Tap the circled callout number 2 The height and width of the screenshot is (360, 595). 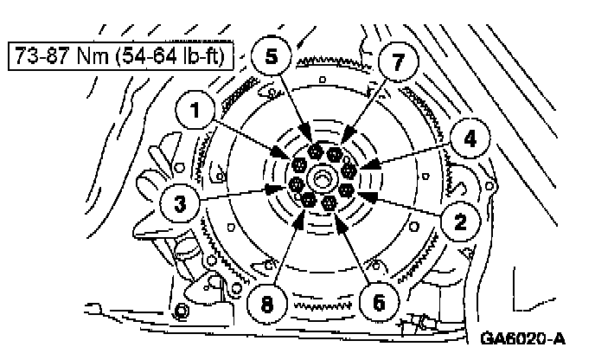coord(462,221)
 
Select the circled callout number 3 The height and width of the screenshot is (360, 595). coord(180,205)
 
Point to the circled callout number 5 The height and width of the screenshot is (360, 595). coord(272,58)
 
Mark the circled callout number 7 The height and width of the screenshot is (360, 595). coord(397,63)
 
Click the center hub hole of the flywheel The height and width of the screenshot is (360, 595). coord(323,177)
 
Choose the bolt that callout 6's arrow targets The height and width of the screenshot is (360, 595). coord(329,202)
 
